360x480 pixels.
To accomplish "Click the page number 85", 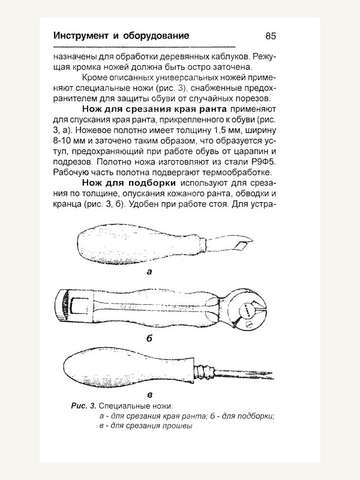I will pyautogui.click(x=269, y=36).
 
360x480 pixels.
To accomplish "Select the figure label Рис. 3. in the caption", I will pyautogui.click(x=83, y=407).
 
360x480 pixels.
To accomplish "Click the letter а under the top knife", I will pyautogui.click(x=149, y=271).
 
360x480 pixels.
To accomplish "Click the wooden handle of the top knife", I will pyautogui.click(x=132, y=247).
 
